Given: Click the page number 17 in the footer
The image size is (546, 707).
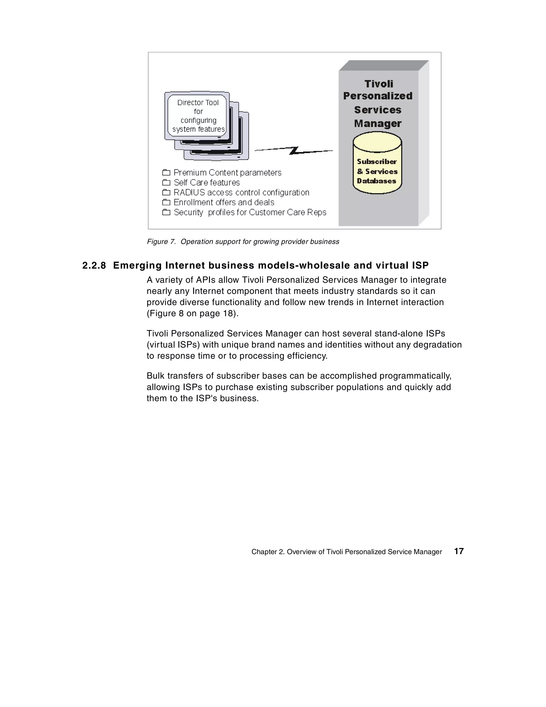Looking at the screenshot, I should pos(459,551).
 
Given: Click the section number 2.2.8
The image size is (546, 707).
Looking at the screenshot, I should pos(94,265).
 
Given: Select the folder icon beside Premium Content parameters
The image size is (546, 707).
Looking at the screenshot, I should pos(166,173).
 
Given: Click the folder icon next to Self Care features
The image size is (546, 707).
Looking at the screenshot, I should pos(166,183).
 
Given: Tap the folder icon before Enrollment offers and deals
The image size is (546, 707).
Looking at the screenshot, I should pos(166,203).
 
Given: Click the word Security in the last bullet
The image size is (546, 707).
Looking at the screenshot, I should pos(188,212).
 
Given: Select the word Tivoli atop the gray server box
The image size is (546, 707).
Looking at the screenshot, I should pos(378,84).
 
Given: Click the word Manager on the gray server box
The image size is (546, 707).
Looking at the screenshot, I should pos(378,123).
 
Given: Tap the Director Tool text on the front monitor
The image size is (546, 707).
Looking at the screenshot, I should pos(198,103).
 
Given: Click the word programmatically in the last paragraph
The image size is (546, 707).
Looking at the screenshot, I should pos(415,376).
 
